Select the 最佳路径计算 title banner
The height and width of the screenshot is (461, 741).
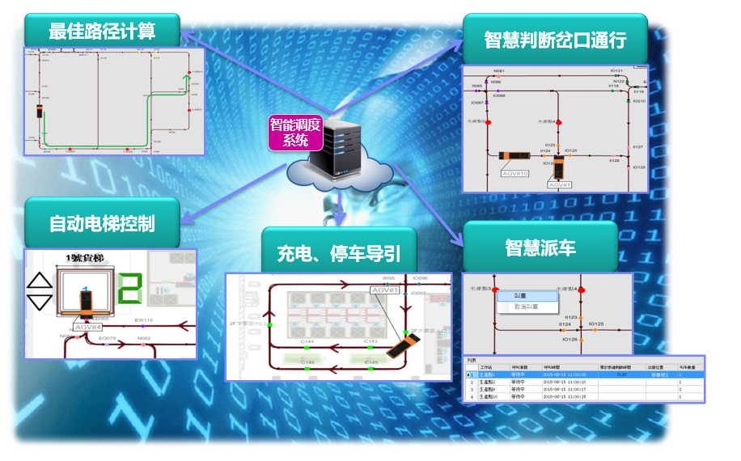tap(102, 32)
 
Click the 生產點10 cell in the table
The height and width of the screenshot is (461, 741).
tap(488, 374)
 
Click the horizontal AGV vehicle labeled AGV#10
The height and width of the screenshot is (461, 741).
tap(514, 155)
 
